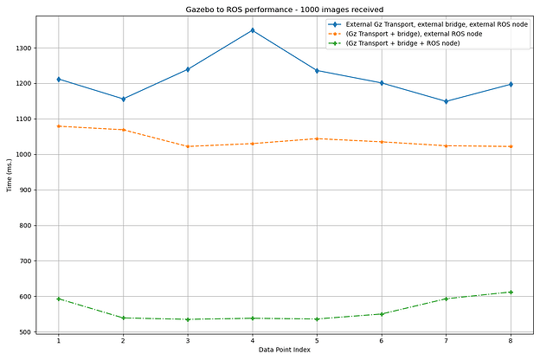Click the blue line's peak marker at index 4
pos(253,30)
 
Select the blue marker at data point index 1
pos(59,80)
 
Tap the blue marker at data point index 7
pos(446,101)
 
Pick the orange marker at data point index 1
pos(59,126)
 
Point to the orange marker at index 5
pos(317,138)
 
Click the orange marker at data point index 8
pos(511,146)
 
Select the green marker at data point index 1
pos(59,299)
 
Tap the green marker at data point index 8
pos(511,292)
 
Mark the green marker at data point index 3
pos(188,319)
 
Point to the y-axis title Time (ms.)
pos(10,176)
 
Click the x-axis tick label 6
pos(382,341)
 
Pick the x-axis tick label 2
pos(123,341)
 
